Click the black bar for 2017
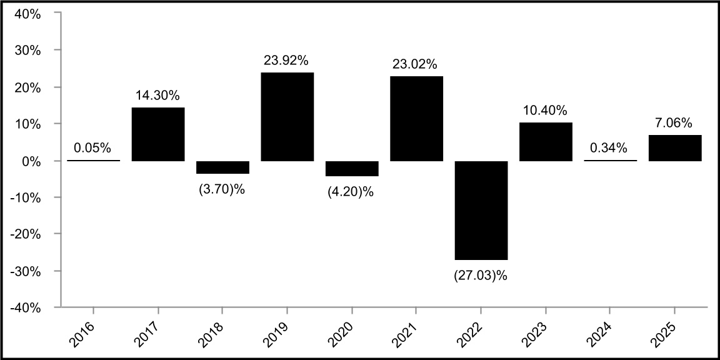click(x=157, y=134)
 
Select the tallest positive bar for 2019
click(x=287, y=117)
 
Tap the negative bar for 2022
click(x=481, y=210)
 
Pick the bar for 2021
click(x=416, y=119)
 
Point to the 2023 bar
click(x=546, y=142)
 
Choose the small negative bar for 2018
click(x=222, y=167)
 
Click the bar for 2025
click(x=674, y=148)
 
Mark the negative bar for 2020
click(x=352, y=168)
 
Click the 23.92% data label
click(x=287, y=61)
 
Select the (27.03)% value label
click(x=481, y=274)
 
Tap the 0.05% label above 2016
click(x=92, y=148)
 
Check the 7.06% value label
click(x=674, y=123)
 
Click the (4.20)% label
click(x=351, y=192)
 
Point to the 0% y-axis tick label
click(x=31, y=161)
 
